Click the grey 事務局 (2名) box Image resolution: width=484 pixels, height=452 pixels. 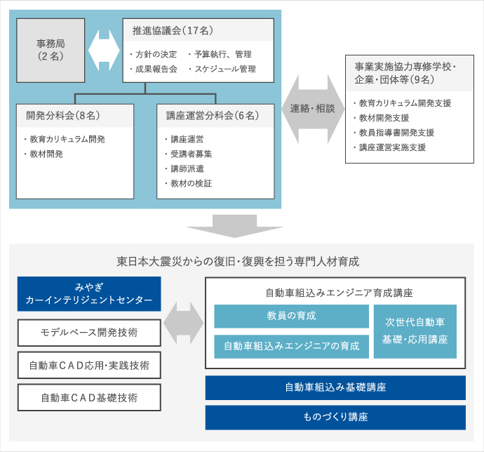pos(51,51)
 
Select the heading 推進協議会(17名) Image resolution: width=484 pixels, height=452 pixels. pos(173,31)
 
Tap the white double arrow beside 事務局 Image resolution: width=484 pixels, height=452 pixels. pos(104,51)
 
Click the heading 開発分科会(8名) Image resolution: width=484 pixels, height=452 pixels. pos(63,116)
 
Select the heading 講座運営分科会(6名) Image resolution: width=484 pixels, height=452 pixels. pos(213,116)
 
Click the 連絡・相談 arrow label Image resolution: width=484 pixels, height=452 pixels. pos(312,109)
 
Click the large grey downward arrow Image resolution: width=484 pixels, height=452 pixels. pos(234,226)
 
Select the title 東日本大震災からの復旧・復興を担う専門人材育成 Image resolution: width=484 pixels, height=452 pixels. pos(238,262)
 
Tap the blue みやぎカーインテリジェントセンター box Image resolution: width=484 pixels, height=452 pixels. pos(89,294)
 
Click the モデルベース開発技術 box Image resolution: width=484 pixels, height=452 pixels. pos(89,333)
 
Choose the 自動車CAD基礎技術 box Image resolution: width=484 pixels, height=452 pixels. pos(89,398)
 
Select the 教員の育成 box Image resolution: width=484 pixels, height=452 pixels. pos(291,316)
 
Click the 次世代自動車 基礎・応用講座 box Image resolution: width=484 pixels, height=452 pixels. pos(415,331)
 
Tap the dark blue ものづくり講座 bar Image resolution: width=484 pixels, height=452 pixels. pos(335,418)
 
